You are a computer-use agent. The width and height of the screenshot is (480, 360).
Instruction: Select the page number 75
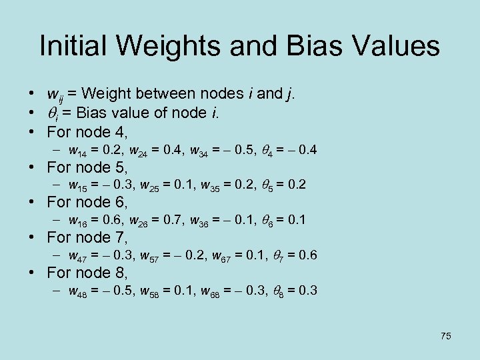pos(445,336)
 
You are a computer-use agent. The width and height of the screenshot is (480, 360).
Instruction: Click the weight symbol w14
pos(79,148)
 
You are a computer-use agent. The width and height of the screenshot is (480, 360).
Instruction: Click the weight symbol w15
pos(79,183)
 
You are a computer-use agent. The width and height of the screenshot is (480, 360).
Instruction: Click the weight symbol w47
pos(79,255)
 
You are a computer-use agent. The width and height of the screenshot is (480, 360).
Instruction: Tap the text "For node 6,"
pos(87,201)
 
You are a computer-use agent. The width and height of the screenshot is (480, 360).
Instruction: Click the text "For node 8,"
pos(87,273)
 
